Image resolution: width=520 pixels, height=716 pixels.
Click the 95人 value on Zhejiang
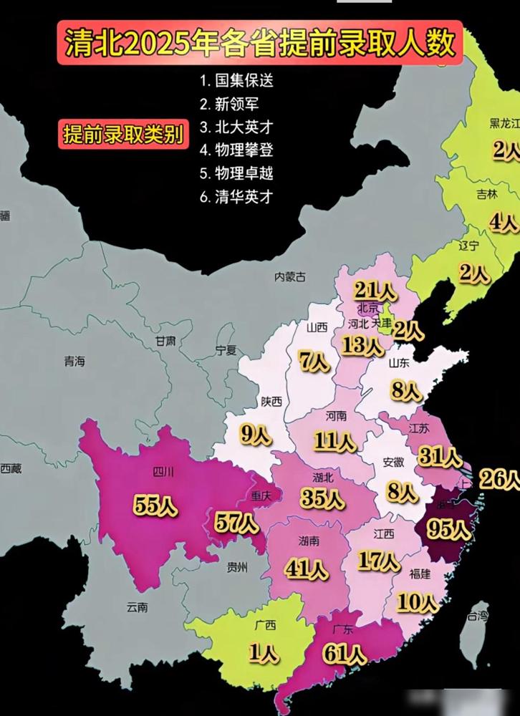tap(449, 529)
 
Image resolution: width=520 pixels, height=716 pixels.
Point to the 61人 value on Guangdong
tap(345, 654)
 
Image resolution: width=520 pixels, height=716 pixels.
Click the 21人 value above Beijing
tap(375, 291)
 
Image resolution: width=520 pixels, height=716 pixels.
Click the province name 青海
tap(74, 362)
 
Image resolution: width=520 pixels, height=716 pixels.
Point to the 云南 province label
tap(137, 607)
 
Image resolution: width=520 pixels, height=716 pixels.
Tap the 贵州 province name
tap(236, 567)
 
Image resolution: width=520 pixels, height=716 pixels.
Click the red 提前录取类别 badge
tap(122, 134)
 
